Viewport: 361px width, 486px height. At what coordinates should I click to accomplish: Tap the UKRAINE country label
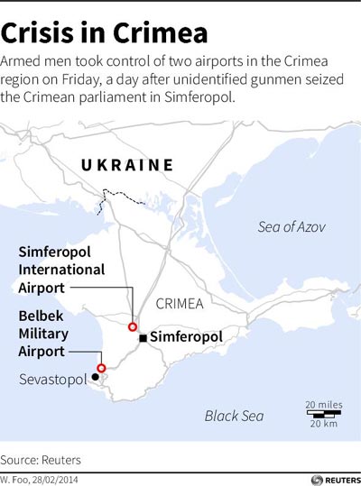(x=127, y=165)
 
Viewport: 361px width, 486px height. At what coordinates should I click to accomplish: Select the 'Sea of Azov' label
(x=291, y=226)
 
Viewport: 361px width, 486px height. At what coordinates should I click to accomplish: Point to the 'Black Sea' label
(x=234, y=416)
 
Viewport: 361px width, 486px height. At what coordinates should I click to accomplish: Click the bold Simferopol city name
(x=186, y=337)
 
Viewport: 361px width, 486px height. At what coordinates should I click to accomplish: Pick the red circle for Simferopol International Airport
(x=133, y=326)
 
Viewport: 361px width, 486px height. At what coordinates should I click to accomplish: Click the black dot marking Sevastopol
(x=82, y=378)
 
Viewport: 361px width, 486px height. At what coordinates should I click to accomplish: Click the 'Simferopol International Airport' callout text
(x=61, y=269)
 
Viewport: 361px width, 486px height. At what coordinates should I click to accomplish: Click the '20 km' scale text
(x=322, y=424)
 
